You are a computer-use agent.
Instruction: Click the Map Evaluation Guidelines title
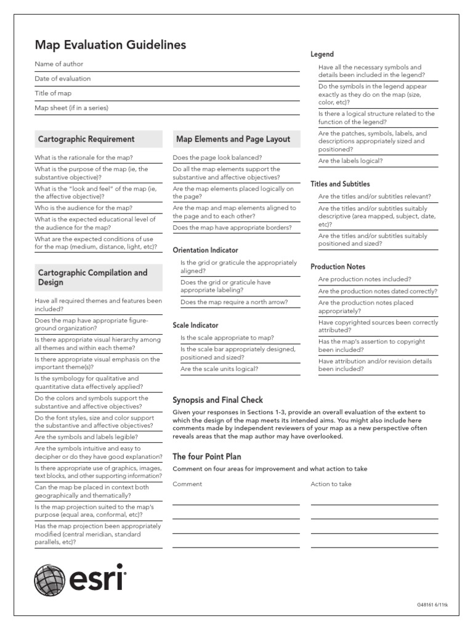pos(110,45)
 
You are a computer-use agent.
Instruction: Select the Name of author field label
pos(59,64)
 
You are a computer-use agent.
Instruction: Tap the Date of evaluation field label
pos(62,79)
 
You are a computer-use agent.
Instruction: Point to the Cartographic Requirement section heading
pos(86,139)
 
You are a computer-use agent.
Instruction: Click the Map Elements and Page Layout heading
pos(233,139)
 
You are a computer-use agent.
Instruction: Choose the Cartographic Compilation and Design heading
pos(92,277)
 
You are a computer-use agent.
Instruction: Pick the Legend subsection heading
pos(322,55)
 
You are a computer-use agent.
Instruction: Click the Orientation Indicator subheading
pos(205,250)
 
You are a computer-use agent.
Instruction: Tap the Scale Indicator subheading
pos(195,325)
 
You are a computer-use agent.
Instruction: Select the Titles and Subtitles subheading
pos(340,184)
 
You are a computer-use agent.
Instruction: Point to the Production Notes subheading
pos(338,267)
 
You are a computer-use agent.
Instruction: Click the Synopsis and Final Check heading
pos(217,401)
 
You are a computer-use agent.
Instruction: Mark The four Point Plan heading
pos(206,457)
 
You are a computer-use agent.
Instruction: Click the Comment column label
pos(187,484)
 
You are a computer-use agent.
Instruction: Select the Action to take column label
pos(331,484)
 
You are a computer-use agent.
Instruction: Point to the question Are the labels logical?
pos(350,161)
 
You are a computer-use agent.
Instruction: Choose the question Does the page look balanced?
pos(217,157)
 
